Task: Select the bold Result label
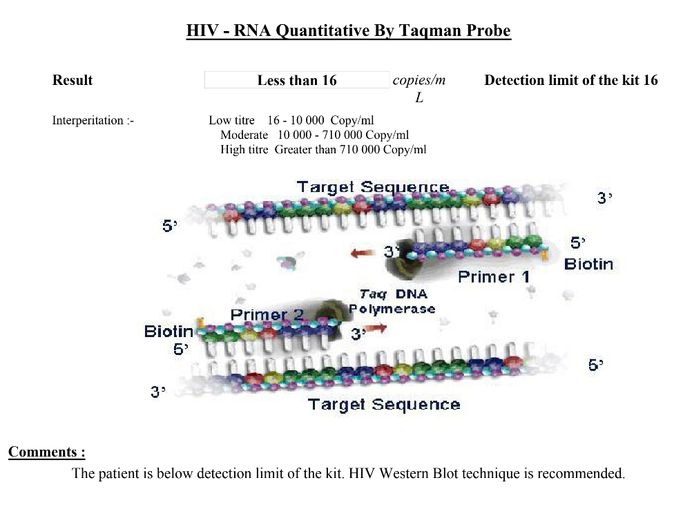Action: [x=73, y=80]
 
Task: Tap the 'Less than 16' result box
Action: [x=297, y=80]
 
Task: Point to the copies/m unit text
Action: [x=419, y=80]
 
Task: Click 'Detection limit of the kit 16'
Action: [x=571, y=80]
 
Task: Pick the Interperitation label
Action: [x=93, y=120]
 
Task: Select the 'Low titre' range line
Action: [x=291, y=120]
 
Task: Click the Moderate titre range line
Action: [x=314, y=135]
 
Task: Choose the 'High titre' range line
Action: [x=323, y=150]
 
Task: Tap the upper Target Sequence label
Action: [x=373, y=187]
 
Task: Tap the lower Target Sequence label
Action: [x=384, y=405]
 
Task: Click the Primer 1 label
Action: [x=494, y=276]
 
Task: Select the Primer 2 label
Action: [x=267, y=314]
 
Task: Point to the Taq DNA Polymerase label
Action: [x=392, y=301]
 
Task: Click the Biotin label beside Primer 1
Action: [x=588, y=264]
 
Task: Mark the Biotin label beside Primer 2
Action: [x=169, y=332]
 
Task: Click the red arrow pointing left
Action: [x=363, y=253]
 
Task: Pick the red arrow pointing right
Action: [x=375, y=328]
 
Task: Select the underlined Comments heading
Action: [x=46, y=452]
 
